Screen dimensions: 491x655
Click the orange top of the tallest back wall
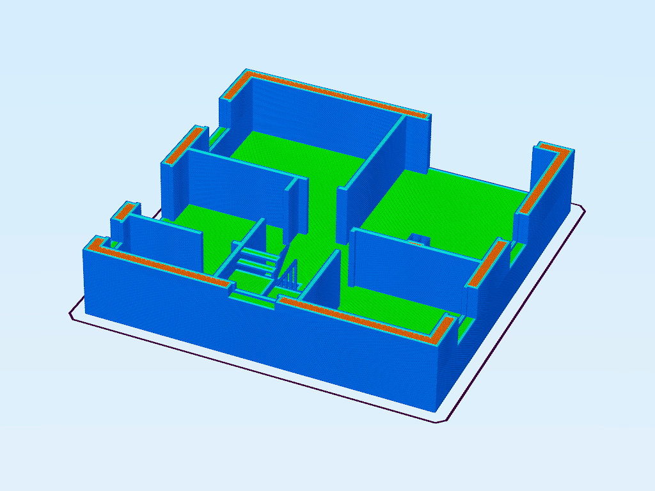click(x=333, y=94)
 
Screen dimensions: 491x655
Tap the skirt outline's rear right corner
click(x=581, y=207)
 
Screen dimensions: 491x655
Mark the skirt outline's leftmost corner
click(x=71, y=313)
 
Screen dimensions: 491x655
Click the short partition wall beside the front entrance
click(x=323, y=281)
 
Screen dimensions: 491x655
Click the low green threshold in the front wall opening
click(x=253, y=295)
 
